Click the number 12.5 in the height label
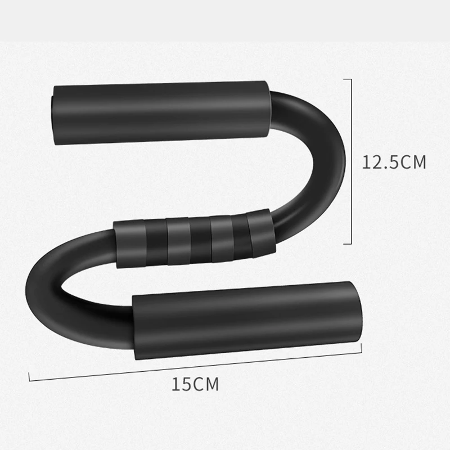pos(380,162)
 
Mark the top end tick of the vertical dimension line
pos(348,79)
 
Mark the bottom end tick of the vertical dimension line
pos(348,244)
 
